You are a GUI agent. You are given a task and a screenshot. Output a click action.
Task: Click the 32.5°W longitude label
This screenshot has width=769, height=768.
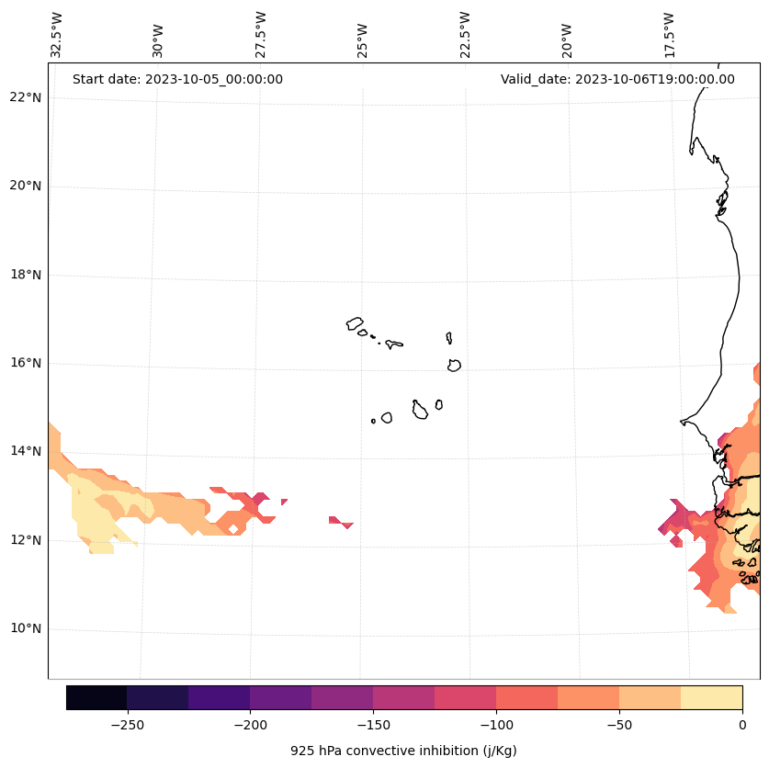tap(57, 35)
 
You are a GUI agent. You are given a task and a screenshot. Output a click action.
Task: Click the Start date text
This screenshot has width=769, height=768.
tap(177, 79)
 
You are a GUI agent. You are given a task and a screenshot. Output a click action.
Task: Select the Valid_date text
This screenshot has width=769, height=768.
tap(617, 79)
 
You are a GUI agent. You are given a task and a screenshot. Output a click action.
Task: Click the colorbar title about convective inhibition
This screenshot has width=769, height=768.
tap(403, 751)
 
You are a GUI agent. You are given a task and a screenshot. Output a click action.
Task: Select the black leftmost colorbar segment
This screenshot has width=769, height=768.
tap(96, 697)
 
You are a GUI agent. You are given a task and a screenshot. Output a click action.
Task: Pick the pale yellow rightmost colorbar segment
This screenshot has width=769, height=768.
tap(711, 697)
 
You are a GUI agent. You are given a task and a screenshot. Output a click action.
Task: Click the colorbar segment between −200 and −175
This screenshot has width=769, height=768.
tap(280, 697)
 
